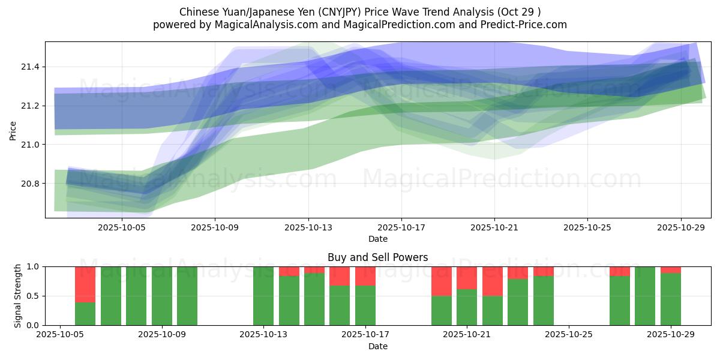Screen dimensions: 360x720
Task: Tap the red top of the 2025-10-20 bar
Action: pos(442,281)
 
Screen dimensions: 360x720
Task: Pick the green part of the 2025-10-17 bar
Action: pos(365,305)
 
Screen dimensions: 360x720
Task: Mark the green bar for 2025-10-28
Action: pos(645,296)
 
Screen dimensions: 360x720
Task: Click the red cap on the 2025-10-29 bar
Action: pos(671,269)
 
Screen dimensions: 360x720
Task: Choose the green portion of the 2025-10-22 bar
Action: pos(493,310)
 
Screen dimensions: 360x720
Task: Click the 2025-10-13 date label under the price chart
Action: pos(308,228)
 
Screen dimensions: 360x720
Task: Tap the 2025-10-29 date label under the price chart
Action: pos(680,228)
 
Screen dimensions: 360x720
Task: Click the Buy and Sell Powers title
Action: pos(378,257)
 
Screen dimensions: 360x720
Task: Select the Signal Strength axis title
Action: pos(17,296)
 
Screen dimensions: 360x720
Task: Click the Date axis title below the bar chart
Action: pos(378,346)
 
